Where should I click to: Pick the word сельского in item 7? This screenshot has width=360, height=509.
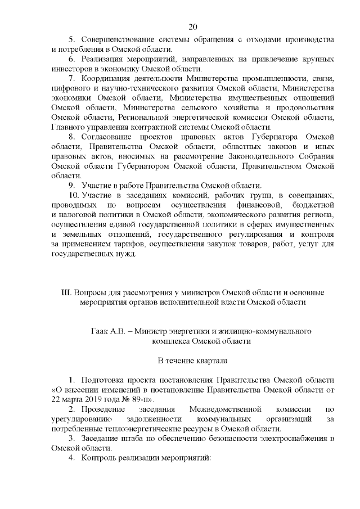216,107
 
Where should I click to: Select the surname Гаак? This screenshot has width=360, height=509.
100,332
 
